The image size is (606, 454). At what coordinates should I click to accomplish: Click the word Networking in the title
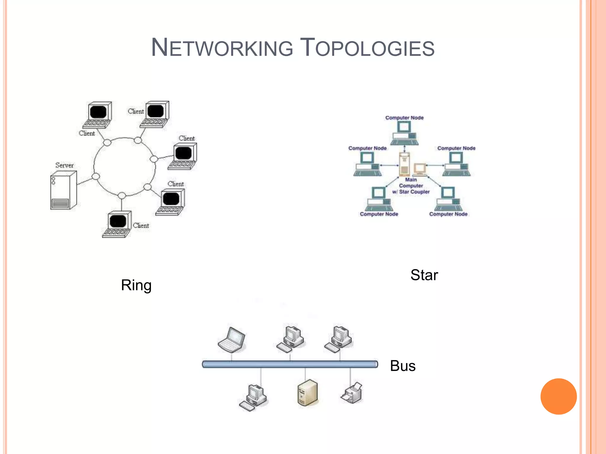pos(222,48)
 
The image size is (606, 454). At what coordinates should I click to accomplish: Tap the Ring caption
pos(136,286)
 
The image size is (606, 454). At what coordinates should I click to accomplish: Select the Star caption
pos(424,275)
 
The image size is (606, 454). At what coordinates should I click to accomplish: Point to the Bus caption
pos(403,366)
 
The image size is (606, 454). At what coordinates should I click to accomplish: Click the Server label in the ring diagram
pos(64,165)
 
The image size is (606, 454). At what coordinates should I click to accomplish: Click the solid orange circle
pos(558,396)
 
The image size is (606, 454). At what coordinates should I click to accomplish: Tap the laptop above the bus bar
pos(232,340)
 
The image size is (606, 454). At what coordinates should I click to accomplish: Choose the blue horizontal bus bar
pos(290,364)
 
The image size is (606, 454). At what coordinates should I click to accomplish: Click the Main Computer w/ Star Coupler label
pos(411,186)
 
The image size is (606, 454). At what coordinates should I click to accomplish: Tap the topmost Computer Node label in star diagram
pos(404,118)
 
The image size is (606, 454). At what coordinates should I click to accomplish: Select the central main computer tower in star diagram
pos(404,164)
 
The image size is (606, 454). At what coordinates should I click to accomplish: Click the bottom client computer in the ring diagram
pos(117,225)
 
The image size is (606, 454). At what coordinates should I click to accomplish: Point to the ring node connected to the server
pos(96,176)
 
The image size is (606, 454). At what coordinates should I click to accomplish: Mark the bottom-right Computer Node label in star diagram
pos(448,214)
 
